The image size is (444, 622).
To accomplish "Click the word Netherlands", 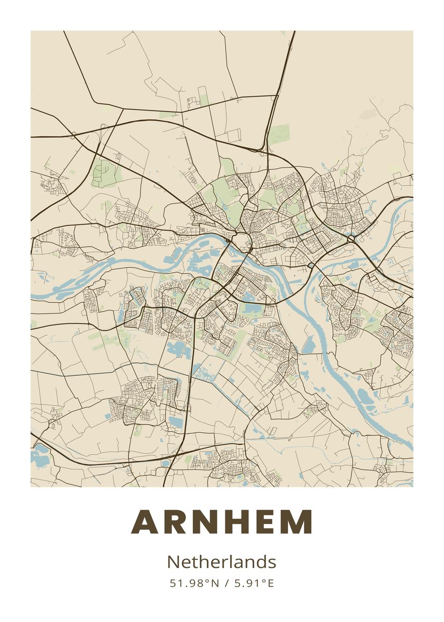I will point(222,562).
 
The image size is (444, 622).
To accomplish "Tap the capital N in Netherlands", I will point(173,562).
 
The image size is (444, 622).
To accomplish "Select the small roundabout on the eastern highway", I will point(352,238).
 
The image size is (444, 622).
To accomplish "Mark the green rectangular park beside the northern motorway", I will point(279,134).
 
